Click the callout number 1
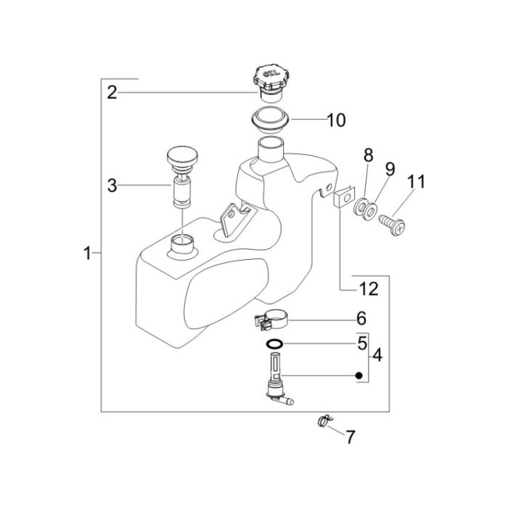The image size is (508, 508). tap(87, 253)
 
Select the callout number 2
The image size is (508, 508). tap(112, 91)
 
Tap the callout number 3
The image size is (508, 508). tap(112, 186)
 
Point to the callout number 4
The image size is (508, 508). tap(376, 356)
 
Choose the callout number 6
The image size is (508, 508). tap(361, 319)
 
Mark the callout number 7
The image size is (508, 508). tap(351, 437)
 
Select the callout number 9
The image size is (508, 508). tap(390, 170)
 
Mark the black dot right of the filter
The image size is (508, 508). tap(359, 375)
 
